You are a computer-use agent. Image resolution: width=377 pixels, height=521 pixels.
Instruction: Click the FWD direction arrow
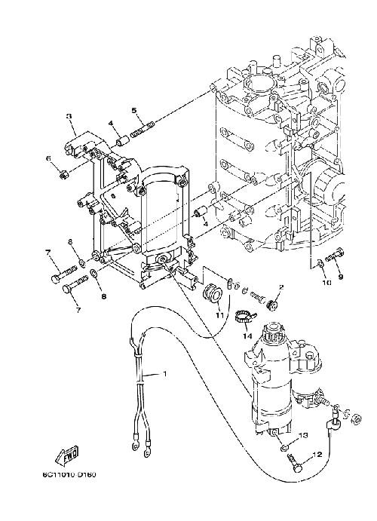point(67,455)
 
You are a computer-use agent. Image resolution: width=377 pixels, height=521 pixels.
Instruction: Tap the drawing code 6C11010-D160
point(69,475)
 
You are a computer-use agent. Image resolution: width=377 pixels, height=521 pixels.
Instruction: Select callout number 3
point(69,116)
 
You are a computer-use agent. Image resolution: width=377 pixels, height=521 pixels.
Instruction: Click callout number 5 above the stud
point(134,110)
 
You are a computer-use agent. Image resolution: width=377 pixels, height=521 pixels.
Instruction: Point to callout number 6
point(49,158)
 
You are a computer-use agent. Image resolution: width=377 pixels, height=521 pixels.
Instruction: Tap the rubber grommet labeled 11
point(212,294)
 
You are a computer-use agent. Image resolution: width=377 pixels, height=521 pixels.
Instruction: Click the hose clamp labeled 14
point(244,317)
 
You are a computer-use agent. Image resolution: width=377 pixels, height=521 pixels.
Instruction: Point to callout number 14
point(247,336)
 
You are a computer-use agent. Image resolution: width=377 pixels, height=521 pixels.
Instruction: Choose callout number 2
point(281,287)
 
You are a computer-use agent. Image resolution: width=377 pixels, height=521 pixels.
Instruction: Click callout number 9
point(341,276)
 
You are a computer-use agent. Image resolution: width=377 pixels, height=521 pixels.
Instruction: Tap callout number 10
point(326,283)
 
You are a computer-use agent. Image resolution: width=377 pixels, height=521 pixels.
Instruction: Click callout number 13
point(304,435)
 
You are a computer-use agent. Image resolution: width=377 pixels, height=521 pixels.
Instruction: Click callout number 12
point(317,454)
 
